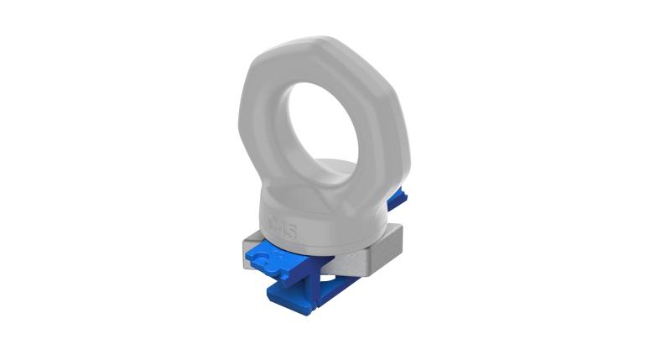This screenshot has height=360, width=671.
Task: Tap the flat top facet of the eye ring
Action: [x=323, y=46]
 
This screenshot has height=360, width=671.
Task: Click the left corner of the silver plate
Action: [x=244, y=252]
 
